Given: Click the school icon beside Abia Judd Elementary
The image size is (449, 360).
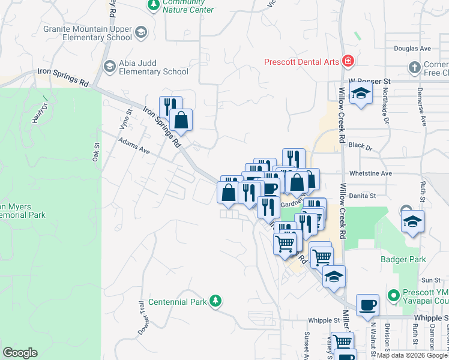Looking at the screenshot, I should pyautogui.click(x=109, y=66).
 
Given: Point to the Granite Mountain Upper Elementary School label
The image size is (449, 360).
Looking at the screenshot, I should pyautogui.click(x=88, y=33).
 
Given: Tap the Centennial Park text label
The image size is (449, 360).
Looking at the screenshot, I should pyautogui.click(x=177, y=302).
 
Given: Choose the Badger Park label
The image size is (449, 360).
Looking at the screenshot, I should pyautogui.click(x=403, y=259).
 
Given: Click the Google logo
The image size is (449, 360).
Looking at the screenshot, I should pyautogui.click(x=20, y=353).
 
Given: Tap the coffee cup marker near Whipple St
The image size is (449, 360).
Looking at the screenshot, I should pyautogui.click(x=367, y=305).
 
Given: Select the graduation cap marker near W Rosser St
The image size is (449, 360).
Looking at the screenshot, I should pyautogui.click(x=361, y=93).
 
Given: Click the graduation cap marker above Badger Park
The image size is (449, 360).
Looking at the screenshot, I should pyautogui.click(x=412, y=221).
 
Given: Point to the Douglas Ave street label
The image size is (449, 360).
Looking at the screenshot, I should pyautogui.click(x=412, y=49).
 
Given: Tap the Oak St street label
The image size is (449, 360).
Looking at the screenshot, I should pyautogui.click(x=95, y=152).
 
